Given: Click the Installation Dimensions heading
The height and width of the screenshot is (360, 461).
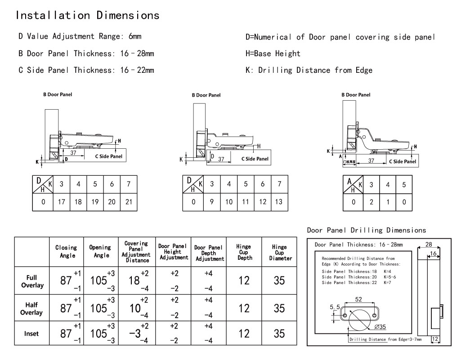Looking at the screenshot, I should coord(88,15).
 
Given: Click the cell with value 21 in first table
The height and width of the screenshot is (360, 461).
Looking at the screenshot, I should coord(129,202).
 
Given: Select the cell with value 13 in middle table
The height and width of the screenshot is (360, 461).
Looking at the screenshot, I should coord(279,202).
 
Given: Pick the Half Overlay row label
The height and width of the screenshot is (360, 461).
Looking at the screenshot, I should coord(31,308).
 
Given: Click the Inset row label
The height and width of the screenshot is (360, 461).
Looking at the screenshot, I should coord(31,333).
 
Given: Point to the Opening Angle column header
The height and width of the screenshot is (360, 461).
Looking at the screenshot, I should coord(100,251).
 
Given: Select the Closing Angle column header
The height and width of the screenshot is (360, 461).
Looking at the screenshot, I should coord(66,251).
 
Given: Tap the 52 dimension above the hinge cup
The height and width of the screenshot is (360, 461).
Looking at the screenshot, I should coord(359,299).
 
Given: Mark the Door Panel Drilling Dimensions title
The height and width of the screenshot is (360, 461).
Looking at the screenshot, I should coord(366,230).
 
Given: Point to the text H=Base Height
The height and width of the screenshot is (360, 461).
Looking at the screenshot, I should coord(273,53).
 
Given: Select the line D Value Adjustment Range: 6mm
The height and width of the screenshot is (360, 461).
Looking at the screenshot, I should coord(80,36).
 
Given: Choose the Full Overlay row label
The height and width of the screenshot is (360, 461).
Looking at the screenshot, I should coord(31,281).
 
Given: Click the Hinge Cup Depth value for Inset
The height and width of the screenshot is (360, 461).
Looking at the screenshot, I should coord(244,333).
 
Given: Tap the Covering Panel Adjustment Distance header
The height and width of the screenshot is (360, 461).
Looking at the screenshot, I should coord(137,252).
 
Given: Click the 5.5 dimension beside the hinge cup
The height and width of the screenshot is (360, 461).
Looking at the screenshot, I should coord(335,307).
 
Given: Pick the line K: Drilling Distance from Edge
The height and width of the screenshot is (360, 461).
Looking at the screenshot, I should coord(309,70).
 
